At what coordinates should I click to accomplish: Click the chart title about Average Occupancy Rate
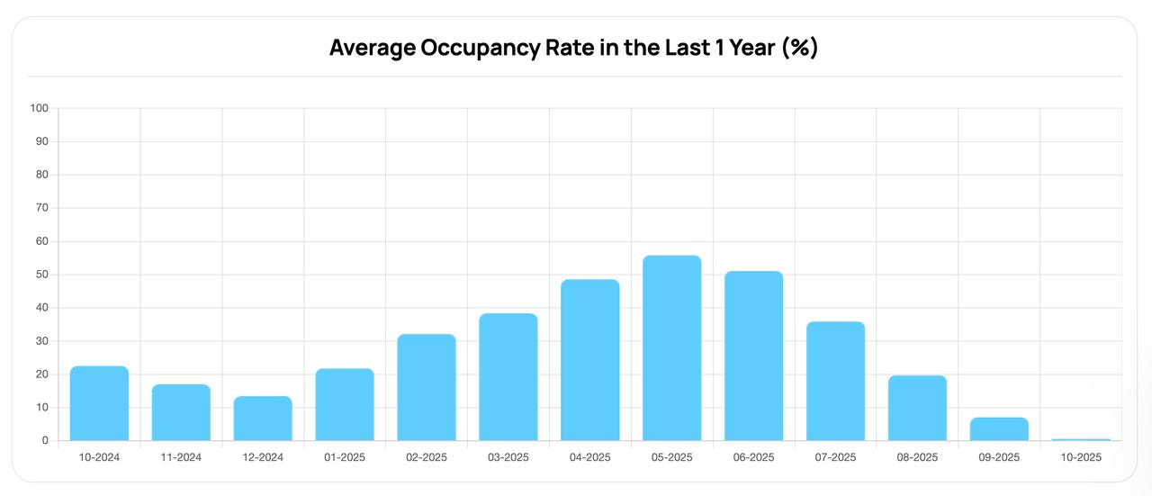[573, 48]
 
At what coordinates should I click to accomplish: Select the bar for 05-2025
[671, 348]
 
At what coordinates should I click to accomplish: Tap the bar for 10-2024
[99, 403]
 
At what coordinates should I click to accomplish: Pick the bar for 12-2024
[263, 419]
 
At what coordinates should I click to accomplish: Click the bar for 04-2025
[589, 360]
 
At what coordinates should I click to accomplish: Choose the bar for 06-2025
[753, 356]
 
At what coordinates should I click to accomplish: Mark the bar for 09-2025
[999, 429]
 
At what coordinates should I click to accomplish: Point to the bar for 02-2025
[427, 387]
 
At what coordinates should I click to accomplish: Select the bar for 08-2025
[917, 408]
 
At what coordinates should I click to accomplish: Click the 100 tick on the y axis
[39, 108]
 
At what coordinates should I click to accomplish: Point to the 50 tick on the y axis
[41, 275]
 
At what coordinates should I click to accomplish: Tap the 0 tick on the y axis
[44, 440]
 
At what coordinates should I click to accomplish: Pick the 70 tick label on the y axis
[41, 208]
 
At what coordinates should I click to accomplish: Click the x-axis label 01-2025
[345, 457]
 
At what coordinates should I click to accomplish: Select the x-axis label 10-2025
[1081, 457]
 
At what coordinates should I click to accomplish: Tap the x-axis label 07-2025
[835, 457]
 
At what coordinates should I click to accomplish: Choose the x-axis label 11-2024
[181, 457]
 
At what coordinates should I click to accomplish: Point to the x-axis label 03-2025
[508, 457]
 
